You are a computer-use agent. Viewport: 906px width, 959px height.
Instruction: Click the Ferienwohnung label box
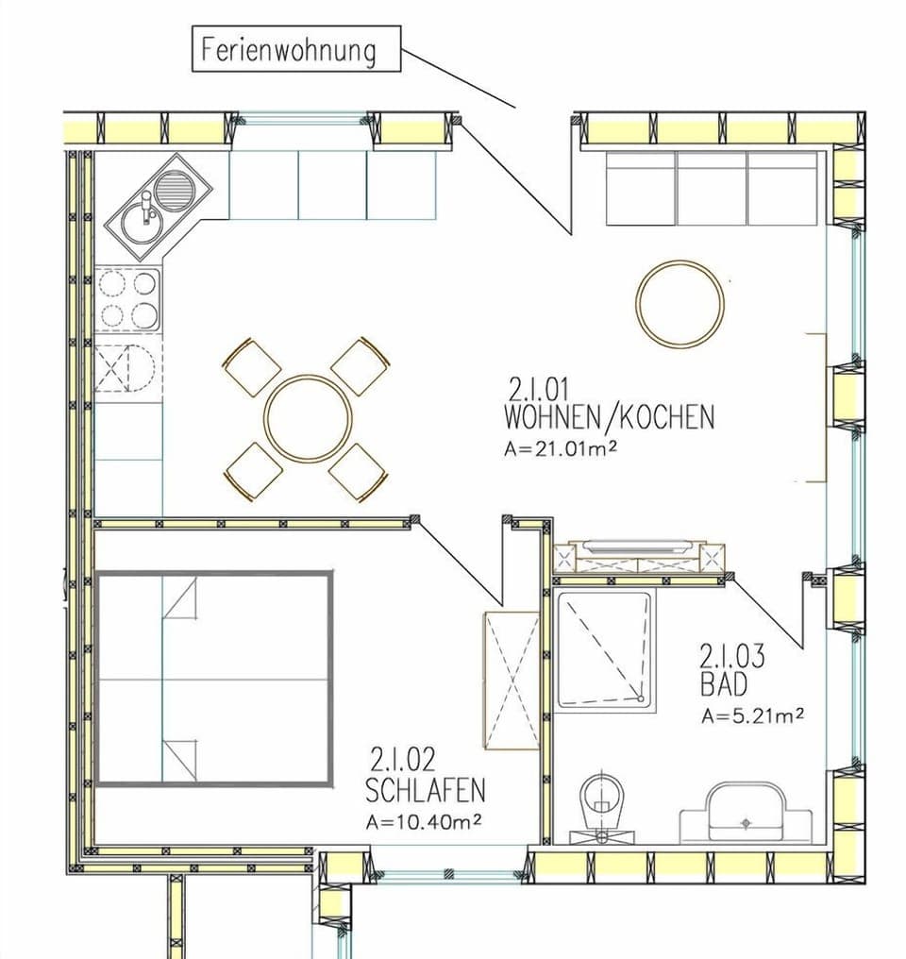(x=297, y=48)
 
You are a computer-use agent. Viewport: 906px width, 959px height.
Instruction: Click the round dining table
(x=308, y=418)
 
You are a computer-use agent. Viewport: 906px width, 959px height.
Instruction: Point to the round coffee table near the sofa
(x=679, y=303)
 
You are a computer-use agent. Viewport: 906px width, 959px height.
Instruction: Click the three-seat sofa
(x=711, y=188)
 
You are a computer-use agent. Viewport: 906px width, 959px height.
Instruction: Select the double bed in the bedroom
(x=213, y=678)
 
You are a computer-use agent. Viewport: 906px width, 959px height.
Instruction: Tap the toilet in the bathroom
(x=601, y=804)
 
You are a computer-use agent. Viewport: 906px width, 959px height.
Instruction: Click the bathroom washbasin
(x=746, y=812)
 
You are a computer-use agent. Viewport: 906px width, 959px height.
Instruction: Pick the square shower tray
(x=604, y=649)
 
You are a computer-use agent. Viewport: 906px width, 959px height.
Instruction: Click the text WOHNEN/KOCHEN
(x=610, y=417)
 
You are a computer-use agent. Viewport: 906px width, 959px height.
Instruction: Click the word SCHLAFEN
(x=425, y=789)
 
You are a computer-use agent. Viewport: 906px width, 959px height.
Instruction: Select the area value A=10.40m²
(x=424, y=821)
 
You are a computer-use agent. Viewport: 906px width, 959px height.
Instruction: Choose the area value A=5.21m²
(x=752, y=715)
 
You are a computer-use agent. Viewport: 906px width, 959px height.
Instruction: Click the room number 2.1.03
(x=731, y=654)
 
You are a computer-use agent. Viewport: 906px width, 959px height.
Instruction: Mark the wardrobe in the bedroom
(x=511, y=679)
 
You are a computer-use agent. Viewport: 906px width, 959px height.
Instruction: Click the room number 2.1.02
(x=403, y=759)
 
